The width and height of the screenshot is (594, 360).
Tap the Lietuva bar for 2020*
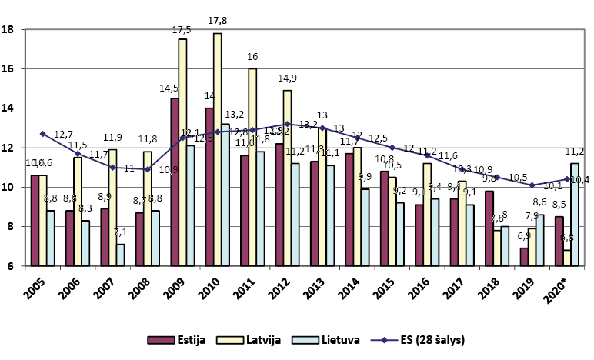click(574, 215)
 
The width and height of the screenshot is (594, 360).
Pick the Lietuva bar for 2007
click(121, 255)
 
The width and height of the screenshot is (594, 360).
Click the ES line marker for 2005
click(43, 134)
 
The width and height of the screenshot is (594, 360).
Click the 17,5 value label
click(182, 30)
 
